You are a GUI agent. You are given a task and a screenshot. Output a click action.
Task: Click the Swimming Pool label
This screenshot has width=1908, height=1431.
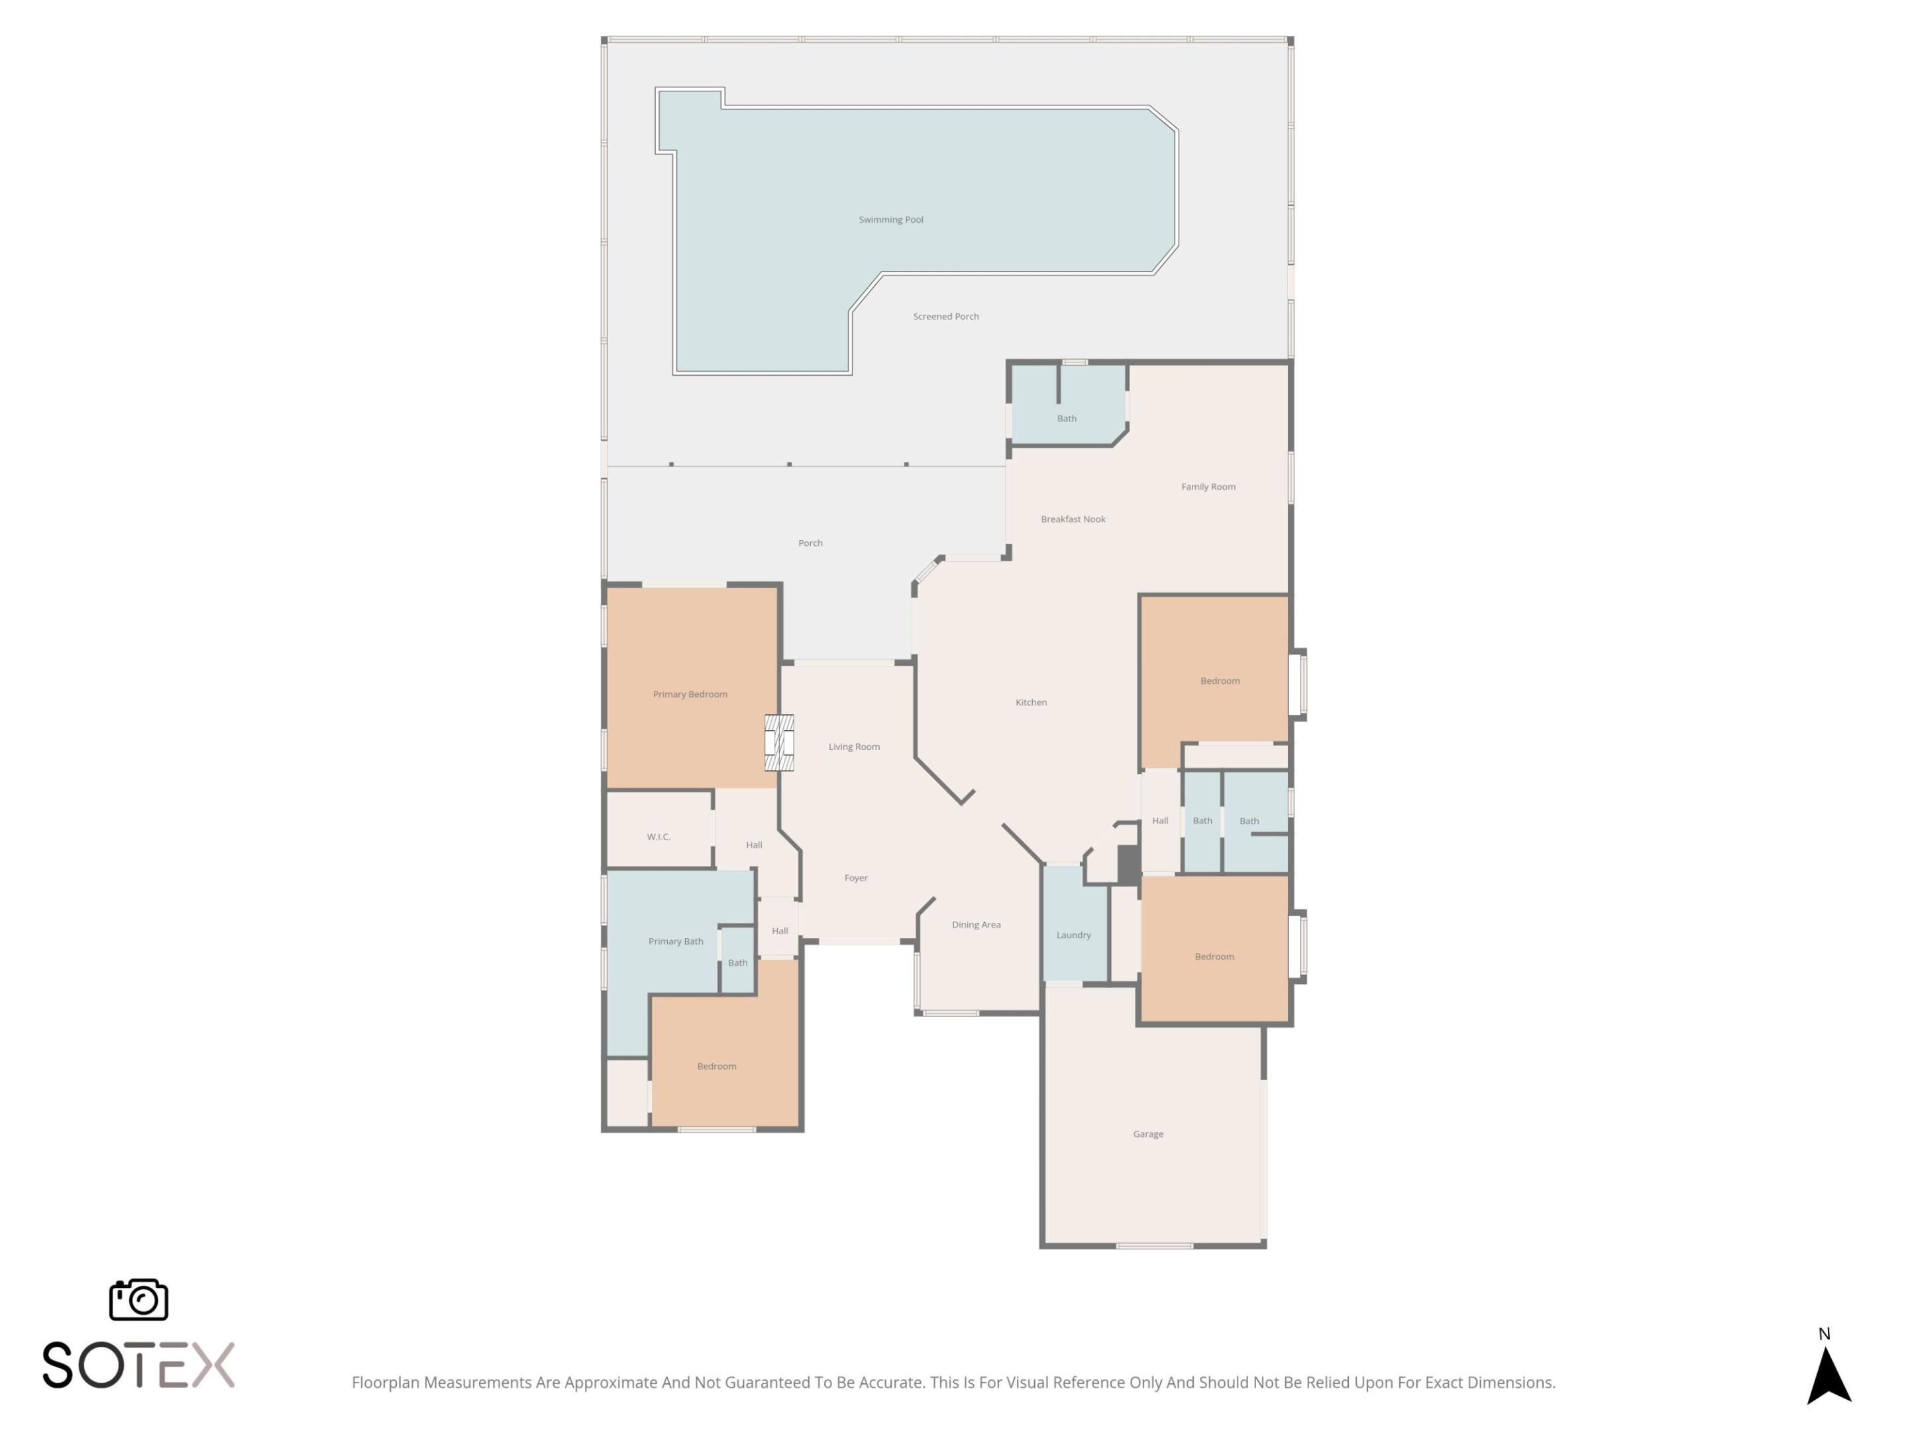click(x=890, y=220)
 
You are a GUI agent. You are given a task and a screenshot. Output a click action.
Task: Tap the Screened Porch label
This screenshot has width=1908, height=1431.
click(x=945, y=317)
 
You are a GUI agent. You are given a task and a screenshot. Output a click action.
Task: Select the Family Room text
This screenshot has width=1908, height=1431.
click(x=1208, y=486)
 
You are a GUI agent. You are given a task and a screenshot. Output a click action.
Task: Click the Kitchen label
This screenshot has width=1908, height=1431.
click(x=1031, y=702)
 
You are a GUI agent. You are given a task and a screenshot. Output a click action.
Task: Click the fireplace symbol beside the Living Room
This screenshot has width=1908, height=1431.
click(x=779, y=743)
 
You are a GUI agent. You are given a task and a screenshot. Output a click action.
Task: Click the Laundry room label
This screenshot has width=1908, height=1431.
click(x=1073, y=935)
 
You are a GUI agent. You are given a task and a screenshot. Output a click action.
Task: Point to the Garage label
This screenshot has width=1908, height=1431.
click(x=1147, y=1134)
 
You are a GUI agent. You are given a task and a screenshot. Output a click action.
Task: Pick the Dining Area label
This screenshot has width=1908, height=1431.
click(x=976, y=925)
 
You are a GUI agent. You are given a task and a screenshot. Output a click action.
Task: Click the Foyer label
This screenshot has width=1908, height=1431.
click(x=856, y=878)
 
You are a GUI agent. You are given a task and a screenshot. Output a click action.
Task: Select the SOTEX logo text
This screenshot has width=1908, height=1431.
click(x=138, y=1365)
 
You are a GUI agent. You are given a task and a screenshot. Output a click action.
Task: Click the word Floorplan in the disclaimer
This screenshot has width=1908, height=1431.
click(x=386, y=1383)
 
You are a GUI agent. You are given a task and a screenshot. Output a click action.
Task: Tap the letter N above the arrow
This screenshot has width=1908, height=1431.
click(x=1825, y=1334)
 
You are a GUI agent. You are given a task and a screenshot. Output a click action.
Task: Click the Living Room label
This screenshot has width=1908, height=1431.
click(x=854, y=747)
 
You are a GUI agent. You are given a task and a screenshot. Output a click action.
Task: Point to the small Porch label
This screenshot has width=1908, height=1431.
click(x=810, y=543)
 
